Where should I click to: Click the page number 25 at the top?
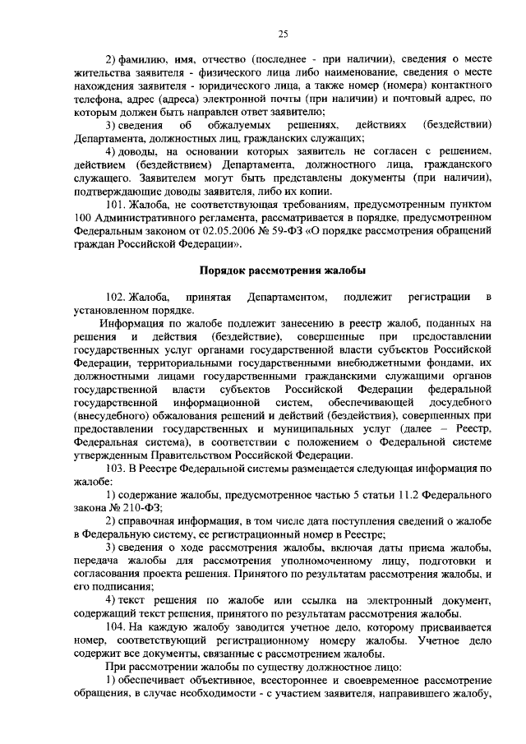tap(283, 33)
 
